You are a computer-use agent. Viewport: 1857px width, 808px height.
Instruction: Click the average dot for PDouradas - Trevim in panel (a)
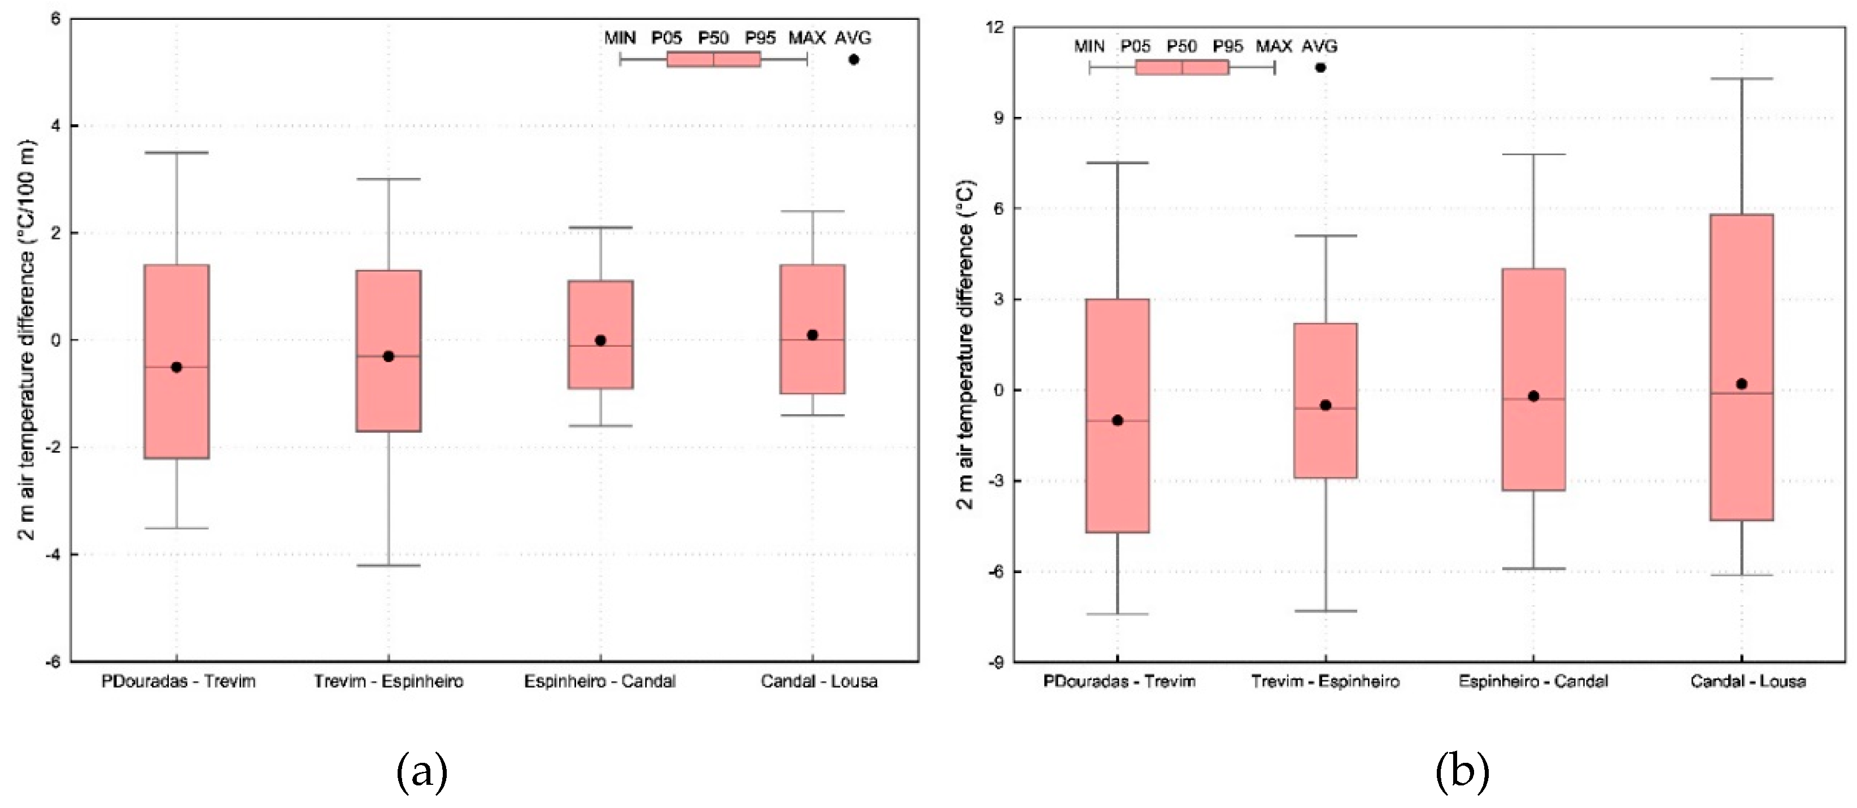(x=177, y=367)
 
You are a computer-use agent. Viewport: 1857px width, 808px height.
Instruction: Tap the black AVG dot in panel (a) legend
(x=853, y=59)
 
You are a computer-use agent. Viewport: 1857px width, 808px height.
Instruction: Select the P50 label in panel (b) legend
(x=1182, y=47)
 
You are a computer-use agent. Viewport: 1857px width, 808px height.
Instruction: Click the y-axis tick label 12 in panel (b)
(x=995, y=28)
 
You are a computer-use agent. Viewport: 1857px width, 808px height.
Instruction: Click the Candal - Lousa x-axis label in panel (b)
(x=1748, y=681)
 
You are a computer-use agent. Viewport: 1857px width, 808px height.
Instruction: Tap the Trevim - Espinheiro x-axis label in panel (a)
(x=389, y=681)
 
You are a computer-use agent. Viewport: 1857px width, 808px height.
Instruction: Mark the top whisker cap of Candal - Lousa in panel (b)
(x=1742, y=78)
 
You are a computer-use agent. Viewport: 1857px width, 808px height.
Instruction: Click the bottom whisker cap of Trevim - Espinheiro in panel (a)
(x=389, y=565)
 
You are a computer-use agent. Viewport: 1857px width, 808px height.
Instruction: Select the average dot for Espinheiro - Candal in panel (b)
(x=1533, y=396)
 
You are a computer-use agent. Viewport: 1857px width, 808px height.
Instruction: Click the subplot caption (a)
(x=422, y=772)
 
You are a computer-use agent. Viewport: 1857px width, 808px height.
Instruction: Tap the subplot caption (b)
(x=1462, y=772)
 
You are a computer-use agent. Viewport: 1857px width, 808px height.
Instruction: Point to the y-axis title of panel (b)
(x=966, y=344)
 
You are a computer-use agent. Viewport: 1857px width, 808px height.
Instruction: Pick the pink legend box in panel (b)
(x=1182, y=68)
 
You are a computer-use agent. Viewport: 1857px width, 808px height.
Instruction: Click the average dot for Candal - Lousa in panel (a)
(x=812, y=334)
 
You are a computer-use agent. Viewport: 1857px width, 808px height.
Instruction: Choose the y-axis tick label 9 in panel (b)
(x=999, y=117)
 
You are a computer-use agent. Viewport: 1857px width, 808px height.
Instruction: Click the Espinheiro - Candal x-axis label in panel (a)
(x=600, y=681)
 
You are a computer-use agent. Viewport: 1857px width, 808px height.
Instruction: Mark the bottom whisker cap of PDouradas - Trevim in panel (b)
(x=1117, y=614)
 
